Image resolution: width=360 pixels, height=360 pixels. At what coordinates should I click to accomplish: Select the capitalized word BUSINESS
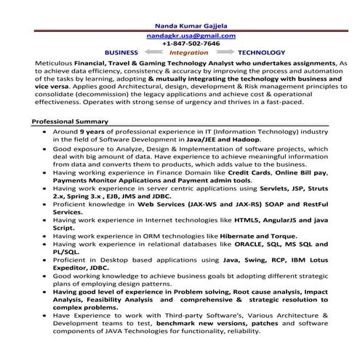121,53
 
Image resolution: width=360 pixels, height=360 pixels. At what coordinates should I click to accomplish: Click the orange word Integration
188,53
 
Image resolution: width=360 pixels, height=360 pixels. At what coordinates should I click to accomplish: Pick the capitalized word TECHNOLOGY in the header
261,53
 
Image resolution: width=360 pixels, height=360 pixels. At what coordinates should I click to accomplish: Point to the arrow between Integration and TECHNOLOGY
224,53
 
